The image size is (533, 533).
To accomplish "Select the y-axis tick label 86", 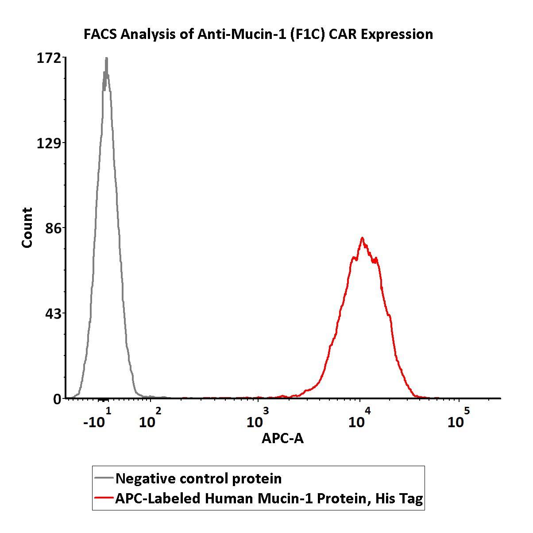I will [x=53, y=228].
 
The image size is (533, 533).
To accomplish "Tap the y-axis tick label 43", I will [x=53, y=313].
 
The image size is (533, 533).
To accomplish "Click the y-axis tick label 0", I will [x=58, y=399].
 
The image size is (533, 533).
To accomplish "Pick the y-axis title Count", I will [x=27, y=228].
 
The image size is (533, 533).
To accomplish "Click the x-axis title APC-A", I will [x=282, y=438].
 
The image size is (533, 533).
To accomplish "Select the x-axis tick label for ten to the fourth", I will [x=359, y=419].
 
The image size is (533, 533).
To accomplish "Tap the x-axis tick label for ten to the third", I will [x=257, y=419].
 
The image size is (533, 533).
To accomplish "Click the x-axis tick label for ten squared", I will [x=150, y=419].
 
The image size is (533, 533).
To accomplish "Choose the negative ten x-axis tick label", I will [x=97, y=419].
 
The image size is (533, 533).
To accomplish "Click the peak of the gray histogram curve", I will [x=106, y=59].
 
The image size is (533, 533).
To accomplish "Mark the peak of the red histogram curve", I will [x=362, y=238].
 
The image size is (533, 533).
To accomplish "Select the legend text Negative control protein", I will [x=198, y=479].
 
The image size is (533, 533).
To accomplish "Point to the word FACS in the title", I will [x=100, y=34].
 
